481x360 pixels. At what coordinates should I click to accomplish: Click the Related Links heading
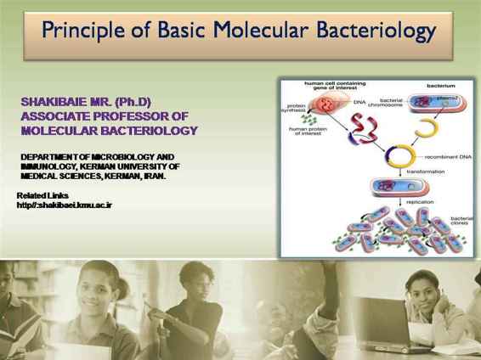click(x=43, y=196)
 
